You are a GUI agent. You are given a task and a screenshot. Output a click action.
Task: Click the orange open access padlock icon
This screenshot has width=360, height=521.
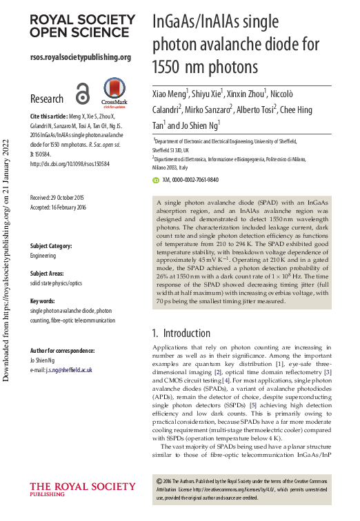[x=82, y=95]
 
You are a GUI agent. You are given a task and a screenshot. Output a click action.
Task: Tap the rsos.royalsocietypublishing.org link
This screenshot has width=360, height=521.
[x=80, y=57]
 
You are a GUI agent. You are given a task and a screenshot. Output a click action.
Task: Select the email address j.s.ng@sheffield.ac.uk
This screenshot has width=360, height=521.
[x=68, y=370]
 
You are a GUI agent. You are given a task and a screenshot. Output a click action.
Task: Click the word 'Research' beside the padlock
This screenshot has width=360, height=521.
[x=47, y=99]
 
